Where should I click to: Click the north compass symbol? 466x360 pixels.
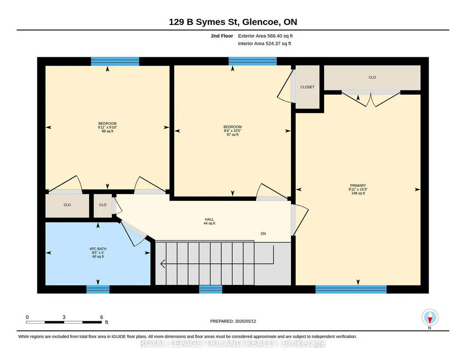430,318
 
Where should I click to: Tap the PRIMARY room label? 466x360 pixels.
358,185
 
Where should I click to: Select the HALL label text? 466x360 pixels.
209,220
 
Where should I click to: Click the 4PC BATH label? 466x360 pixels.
98,249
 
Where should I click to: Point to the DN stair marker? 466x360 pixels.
263,234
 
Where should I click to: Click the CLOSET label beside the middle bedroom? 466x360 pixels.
307,87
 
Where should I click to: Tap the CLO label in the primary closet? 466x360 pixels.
372,77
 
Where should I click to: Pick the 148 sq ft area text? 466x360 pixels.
358,193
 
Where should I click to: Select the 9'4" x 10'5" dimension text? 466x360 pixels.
232,131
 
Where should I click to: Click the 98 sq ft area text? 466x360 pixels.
107,131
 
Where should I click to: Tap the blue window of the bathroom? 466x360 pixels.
98,289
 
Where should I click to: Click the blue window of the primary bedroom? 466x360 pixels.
351,289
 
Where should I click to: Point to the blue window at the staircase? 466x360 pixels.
210,289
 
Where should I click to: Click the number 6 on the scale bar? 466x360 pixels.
101,317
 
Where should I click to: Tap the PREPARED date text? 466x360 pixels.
233,321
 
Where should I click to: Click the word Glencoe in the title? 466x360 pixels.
261,22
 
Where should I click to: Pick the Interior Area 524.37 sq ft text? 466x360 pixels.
265,43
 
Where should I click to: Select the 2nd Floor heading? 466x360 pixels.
222,36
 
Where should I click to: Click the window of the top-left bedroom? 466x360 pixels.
115,61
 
